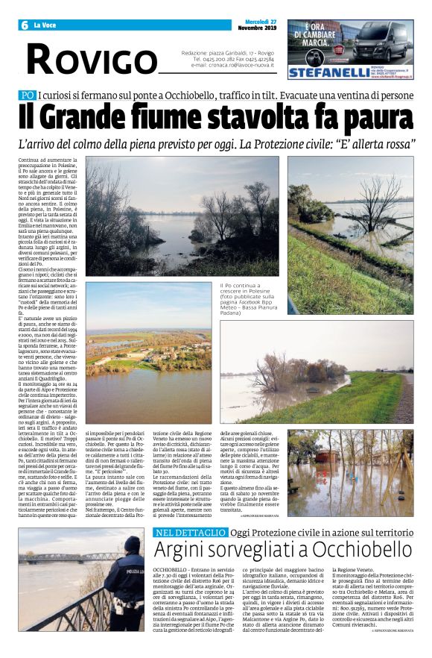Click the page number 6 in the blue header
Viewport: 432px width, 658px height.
point(23,25)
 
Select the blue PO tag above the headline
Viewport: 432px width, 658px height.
point(28,95)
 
